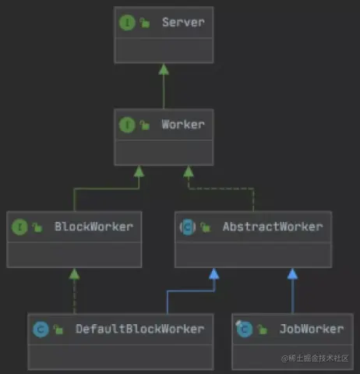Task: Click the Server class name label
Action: (183, 23)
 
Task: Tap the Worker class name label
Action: (183, 125)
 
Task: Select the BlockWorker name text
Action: (94, 227)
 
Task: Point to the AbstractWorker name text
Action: (273, 227)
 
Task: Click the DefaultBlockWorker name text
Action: (139, 329)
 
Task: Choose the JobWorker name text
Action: (312, 329)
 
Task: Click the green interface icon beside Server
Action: (127, 23)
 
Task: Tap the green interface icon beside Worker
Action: (127, 125)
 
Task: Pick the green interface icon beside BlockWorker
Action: (19, 227)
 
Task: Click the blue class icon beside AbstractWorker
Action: (188, 228)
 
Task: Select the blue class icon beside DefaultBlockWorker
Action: (41, 330)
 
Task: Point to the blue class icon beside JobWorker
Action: (245, 329)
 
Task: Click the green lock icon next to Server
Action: (145, 23)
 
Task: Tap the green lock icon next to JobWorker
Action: (262, 330)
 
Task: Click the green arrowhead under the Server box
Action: (164, 69)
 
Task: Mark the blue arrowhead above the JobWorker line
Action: (292, 274)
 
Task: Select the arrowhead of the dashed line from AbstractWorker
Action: (189, 171)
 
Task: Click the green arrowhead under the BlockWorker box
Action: (74, 274)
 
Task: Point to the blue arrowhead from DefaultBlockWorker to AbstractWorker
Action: (214, 274)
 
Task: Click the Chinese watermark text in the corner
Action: (315, 358)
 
